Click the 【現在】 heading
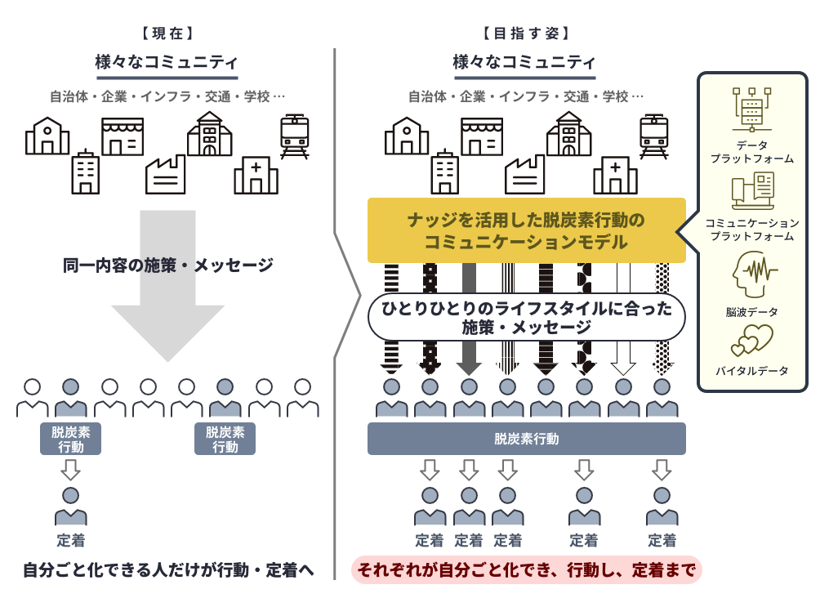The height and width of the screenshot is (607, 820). click(167, 33)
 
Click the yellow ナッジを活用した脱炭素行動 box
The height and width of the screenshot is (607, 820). click(526, 231)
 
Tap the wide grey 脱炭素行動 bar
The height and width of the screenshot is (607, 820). click(526, 439)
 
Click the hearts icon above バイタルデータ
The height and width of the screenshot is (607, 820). click(752, 340)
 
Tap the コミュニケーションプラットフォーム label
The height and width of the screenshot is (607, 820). click(752, 230)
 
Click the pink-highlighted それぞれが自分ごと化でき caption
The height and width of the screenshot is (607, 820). click(526, 569)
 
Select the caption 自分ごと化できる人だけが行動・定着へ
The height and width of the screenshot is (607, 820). click(168, 569)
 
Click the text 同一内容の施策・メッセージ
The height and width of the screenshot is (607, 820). click(167, 266)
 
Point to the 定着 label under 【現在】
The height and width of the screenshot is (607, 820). click(71, 540)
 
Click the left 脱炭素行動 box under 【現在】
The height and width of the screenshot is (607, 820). click(71, 439)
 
